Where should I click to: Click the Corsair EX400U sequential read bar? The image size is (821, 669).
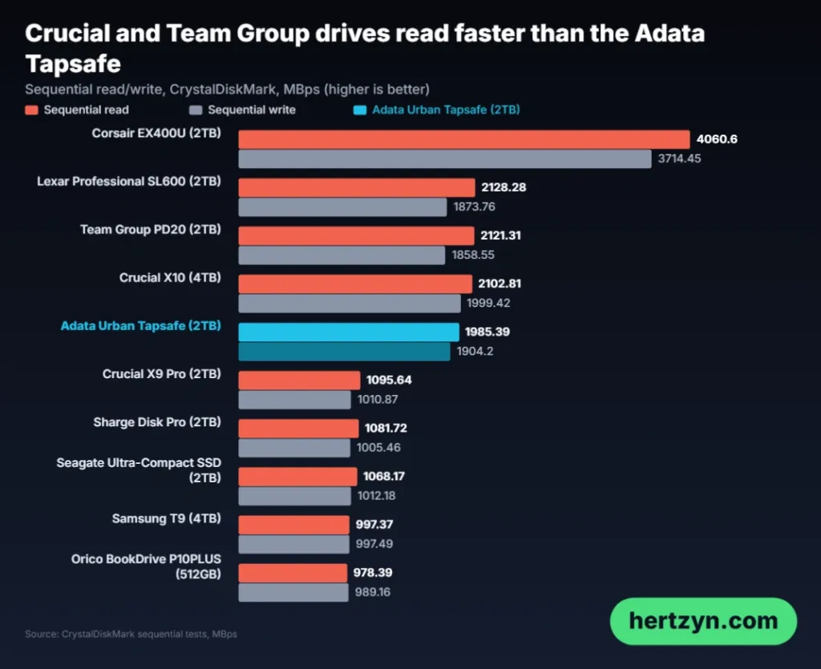click(464, 139)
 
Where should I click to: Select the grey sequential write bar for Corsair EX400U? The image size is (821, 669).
click(445, 159)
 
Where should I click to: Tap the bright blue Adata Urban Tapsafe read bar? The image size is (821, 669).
click(349, 332)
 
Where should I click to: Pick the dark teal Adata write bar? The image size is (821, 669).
click(344, 352)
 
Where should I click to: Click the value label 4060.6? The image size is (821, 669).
click(717, 139)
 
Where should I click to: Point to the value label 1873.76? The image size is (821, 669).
click(474, 207)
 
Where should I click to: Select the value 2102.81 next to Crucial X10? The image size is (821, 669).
click(499, 284)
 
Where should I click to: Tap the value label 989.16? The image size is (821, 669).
click(372, 592)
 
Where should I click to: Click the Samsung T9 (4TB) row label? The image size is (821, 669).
click(167, 518)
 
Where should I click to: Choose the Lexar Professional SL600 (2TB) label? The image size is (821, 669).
click(129, 182)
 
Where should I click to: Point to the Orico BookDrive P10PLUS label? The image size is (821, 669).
click(146, 566)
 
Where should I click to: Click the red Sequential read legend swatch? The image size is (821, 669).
click(31, 111)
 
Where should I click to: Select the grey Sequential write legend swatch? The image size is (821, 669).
click(196, 111)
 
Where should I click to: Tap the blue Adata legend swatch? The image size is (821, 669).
click(360, 111)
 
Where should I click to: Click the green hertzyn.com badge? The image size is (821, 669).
click(703, 622)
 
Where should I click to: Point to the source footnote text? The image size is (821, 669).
click(131, 634)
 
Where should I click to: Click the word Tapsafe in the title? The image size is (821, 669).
click(73, 64)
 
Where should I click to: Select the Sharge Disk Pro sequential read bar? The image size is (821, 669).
click(298, 429)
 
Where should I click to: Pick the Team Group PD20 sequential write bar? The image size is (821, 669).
click(342, 256)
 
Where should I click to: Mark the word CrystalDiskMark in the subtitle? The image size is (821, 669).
click(223, 90)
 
